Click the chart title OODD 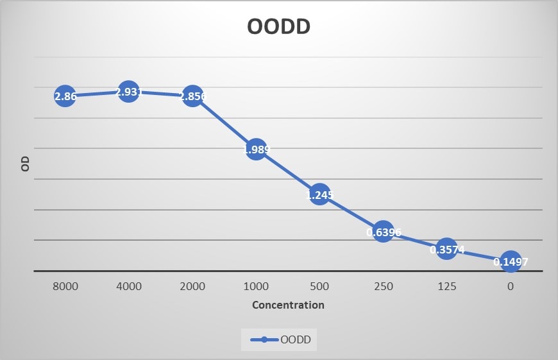pos(279,27)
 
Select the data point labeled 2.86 pos(65,96)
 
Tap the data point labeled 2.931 pos(129,92)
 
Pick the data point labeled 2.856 pos(192,96)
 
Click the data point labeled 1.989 pos(256,150)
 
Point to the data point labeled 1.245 pos(319,194)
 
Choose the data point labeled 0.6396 pos(383,232)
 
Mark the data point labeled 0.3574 pos(446,249)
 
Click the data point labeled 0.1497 pos(510,261)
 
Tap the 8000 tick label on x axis pos(65,286)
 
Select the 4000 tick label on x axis pos(129,286)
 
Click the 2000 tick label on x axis pos(192,286)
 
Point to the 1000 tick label pos(256,286)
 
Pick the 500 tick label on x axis pos(319,286)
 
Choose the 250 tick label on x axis pos(383,286)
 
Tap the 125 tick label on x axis pos(446,286)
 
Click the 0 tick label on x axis pos(510,286)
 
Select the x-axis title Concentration pos(288,305)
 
